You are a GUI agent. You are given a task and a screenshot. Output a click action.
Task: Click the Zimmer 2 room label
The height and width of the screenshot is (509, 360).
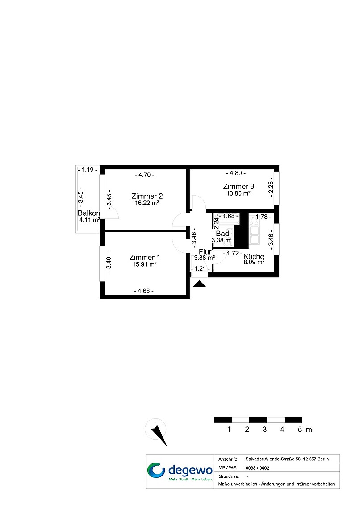click(147, 196)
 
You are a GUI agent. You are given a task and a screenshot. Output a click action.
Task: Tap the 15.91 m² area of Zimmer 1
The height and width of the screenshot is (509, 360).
click(144, 264)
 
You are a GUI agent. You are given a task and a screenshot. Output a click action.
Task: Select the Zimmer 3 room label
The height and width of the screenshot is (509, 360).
click(239, 186)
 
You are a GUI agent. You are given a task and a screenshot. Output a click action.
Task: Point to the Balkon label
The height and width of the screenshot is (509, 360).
click(89, 213)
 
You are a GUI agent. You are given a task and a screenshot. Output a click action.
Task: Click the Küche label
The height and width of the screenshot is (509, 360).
click(254, 256)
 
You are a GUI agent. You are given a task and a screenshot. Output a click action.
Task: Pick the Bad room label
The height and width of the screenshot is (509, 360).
click(222, 234)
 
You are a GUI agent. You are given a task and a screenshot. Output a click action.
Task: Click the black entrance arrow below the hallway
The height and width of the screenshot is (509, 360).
click(199, 284)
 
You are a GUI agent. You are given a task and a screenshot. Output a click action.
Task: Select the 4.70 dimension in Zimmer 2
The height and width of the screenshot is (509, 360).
click(144, 175)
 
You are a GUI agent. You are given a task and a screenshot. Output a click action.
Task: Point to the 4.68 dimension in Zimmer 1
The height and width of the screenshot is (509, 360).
click(144, 291)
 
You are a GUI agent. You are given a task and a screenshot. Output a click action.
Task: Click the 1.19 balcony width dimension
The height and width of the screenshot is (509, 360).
click(88, 170)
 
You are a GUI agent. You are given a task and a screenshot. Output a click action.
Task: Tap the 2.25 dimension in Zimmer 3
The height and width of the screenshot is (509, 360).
click(271, 187)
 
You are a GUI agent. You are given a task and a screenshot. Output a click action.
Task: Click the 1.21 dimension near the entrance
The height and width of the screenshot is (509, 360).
click(200, 269)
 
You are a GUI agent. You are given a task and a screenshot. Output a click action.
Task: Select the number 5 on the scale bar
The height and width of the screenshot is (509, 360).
click(300, 430)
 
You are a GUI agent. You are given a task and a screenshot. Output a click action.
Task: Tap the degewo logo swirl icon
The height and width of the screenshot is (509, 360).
click(156, 470)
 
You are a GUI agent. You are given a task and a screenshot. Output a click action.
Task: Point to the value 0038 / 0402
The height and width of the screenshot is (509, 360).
click(257, 468)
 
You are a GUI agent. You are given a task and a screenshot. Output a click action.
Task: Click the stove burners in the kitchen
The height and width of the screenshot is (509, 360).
click(254, 221)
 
